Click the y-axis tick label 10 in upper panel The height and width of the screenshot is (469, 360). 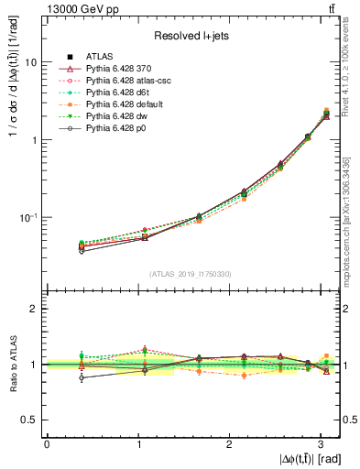(x=30, y=63)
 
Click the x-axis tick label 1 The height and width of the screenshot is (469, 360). (x=138, y=443)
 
